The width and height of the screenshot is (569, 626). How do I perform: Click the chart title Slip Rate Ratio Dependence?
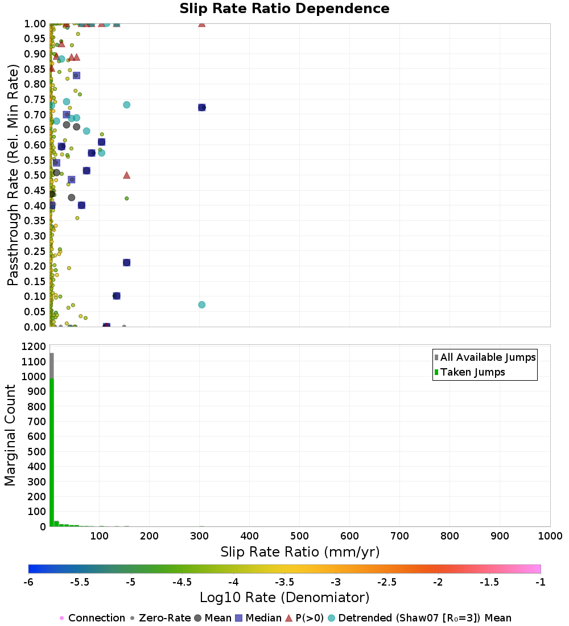(284, 9)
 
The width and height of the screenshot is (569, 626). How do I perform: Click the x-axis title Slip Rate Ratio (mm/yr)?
(300, 552)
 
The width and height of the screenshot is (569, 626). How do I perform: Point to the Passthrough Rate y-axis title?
(13, 175)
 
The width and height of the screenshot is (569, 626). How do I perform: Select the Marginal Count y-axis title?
(10, 435)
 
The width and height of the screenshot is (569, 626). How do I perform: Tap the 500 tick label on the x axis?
(299, 536)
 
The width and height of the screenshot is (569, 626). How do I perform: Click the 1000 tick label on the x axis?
(550, 536)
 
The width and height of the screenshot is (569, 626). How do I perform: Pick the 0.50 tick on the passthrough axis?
(35, 175)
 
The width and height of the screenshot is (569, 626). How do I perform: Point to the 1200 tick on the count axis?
(34, 346)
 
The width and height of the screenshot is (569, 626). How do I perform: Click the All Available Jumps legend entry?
(485, 357)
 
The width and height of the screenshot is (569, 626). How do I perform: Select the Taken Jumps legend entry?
(469, 372)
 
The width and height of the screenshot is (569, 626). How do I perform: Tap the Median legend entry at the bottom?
(259, 618)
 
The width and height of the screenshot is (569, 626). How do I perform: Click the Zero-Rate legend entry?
(160, 618)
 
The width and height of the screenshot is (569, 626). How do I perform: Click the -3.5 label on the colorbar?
(284, 582)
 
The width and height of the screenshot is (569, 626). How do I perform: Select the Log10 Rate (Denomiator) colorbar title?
(284, 598)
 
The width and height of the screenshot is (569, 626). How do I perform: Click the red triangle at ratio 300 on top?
(201, 24)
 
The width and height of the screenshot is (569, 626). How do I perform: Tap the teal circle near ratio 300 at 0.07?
(201, 304)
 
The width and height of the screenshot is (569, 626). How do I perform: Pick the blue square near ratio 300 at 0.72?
(201, 108)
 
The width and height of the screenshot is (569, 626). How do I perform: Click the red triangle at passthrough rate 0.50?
(126, 175)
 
